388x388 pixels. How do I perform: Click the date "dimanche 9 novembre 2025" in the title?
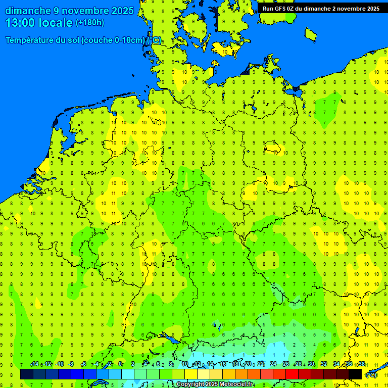point(69,11)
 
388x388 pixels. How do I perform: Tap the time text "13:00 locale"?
point(39,23)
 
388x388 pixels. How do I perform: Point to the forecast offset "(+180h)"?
point(89,23)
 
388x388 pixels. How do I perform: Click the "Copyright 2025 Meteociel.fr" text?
point(215,384)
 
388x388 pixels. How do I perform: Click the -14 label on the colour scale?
point(34,364)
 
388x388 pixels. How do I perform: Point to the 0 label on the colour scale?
point(120,364)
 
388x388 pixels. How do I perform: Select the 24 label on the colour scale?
point(273,364)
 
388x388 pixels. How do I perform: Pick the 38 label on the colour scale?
point(362,364)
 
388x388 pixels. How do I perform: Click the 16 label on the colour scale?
point(223,364)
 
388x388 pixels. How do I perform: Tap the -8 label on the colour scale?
point(71,364)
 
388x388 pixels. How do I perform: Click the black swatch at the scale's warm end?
point(355,374)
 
